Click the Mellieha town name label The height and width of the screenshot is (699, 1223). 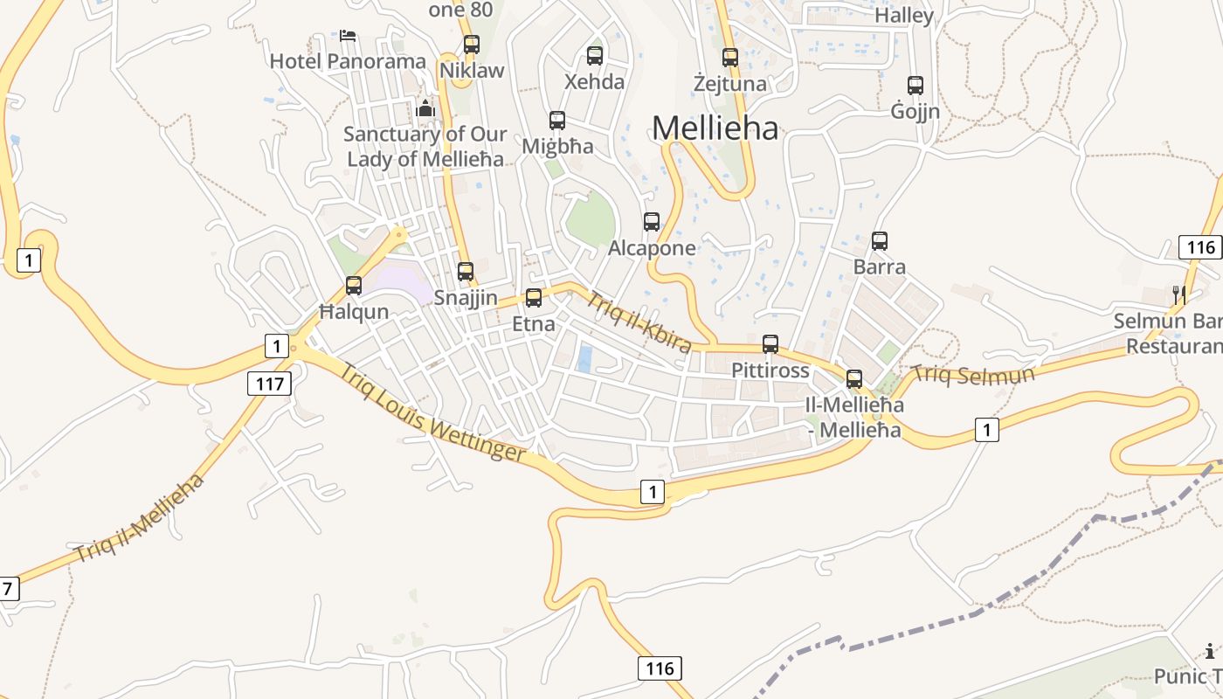[715, 128]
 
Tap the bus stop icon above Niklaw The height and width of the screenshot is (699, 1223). [472, 44]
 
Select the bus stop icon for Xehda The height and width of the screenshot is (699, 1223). [595, 56]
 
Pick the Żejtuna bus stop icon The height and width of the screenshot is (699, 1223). [730, 58]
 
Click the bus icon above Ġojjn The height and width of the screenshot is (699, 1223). [916, 86]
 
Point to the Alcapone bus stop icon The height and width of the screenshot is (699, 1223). [652, 222]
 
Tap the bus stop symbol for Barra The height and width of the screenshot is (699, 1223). [880, 241]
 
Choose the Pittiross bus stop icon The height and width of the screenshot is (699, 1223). [770, 344]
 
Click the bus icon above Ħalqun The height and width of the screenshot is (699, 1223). [354, 286]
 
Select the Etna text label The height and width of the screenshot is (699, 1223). [533, 323]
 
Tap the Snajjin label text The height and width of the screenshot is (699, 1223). [466, 298]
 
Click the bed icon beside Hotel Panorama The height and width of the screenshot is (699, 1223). [348, 36]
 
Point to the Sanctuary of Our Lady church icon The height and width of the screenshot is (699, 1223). [425, 108]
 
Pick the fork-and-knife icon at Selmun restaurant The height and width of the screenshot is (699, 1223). [1179, 295]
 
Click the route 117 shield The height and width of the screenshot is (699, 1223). [269, 383]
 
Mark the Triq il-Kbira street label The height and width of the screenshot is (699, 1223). [639, 322]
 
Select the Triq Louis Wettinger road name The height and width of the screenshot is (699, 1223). [432, 414]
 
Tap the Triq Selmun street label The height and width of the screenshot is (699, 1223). [972, 374]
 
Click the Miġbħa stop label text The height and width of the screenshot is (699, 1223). [557, 146]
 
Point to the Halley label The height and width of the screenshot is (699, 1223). [904, 16]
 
